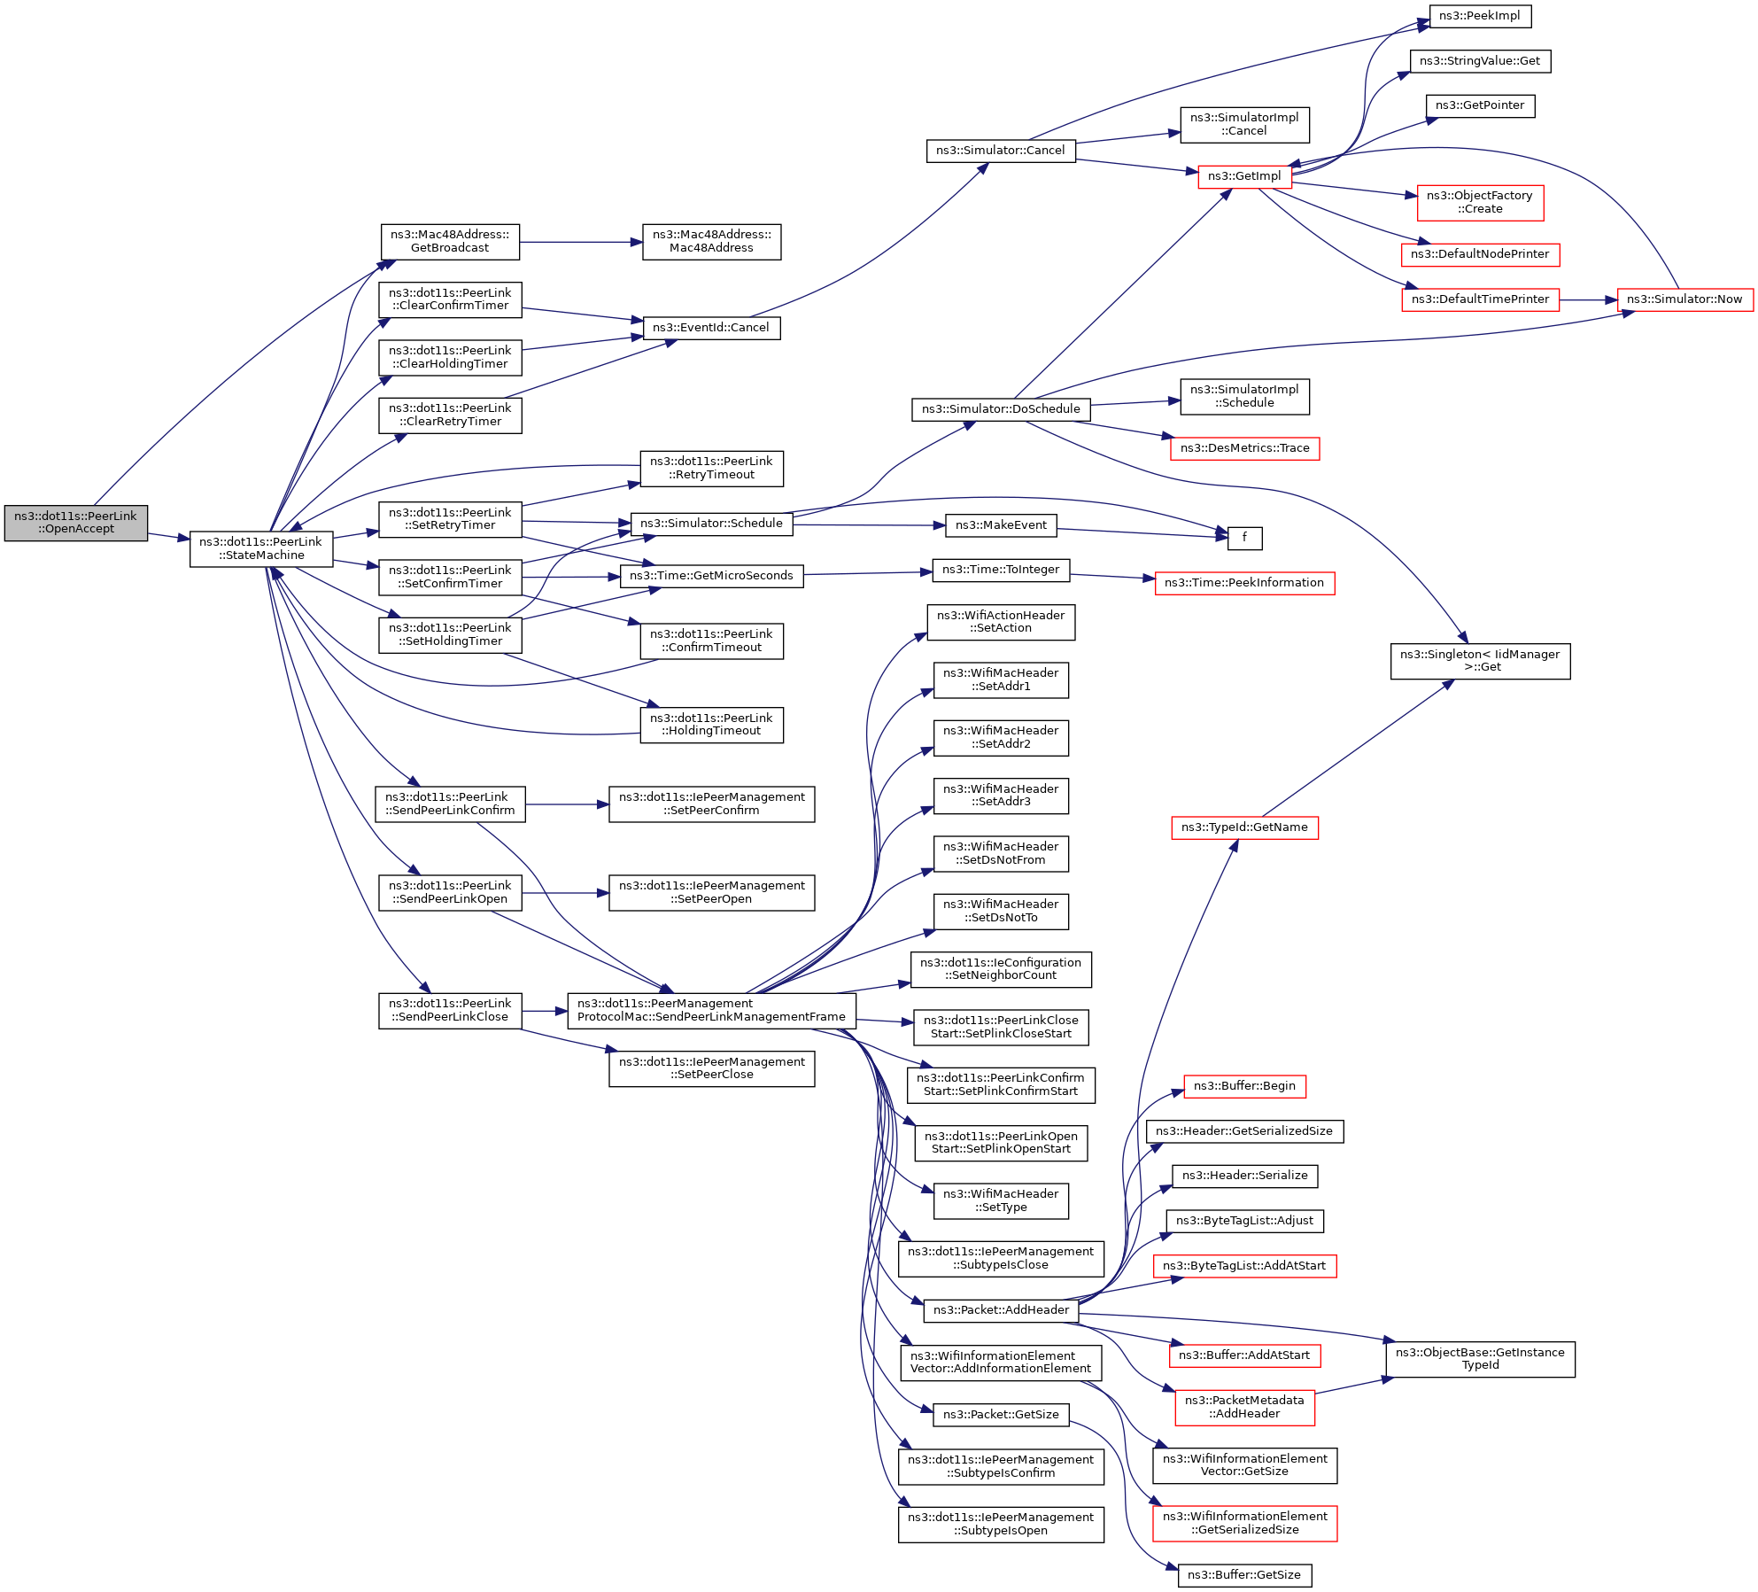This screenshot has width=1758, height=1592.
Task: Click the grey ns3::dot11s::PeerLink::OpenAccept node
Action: [x=76, y=523]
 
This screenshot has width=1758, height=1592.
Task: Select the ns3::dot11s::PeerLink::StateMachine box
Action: [x=261, y=549]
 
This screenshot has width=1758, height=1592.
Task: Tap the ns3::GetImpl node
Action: [x=1244, y=176]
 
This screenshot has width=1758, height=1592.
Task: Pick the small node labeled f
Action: [x=1244, y=538]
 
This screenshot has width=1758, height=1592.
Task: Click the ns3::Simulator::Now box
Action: [x=1684, y=299]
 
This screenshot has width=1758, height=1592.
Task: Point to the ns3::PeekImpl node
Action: [x=1480, y=16]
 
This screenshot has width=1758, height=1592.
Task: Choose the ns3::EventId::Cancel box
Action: [x=711, y=328]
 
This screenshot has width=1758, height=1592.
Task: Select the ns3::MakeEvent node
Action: [x=1001, y=525]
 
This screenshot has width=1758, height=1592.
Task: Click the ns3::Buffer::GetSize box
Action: [x=1244, y=1575]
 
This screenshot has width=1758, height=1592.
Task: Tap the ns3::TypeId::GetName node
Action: [x=1244, y=827]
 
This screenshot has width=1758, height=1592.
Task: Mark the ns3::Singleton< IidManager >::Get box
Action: [x=1480, y=661]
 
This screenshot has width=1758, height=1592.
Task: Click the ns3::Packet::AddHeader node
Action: [x=1001, y=1310]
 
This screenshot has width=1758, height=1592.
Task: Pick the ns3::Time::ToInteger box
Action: [x=1001, y=570]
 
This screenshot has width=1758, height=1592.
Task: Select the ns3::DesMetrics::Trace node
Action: [x=1244, y=448]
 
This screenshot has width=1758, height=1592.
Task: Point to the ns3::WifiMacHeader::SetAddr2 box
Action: [x=1001, y=738]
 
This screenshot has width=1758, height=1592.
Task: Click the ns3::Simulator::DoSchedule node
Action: [x=1001, y=409]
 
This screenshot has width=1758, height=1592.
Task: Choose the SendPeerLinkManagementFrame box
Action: [x=711, y=1011]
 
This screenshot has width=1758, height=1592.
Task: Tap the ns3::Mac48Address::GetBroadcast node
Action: [x=450, y=242]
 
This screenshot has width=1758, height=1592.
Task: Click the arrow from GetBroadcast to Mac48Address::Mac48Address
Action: [x=581, y=242]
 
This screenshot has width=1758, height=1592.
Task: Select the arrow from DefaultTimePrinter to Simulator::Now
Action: [x=1588, y=299]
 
